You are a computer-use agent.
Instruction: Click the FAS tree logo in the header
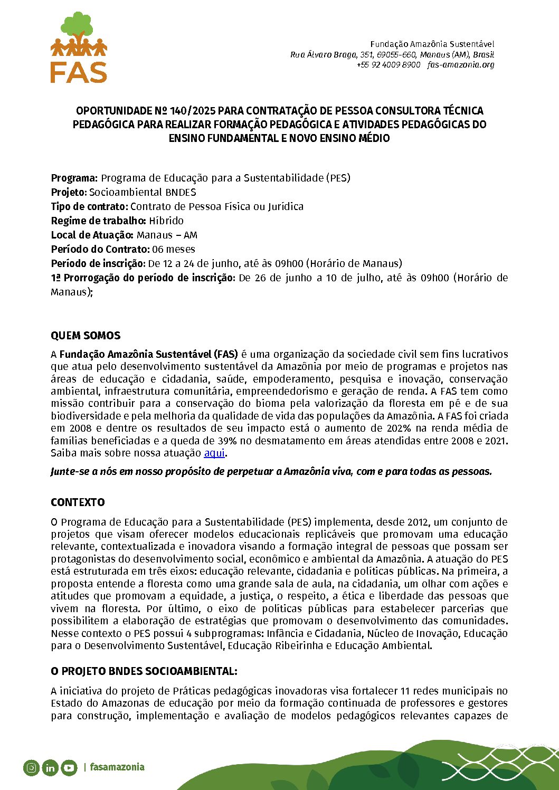(x=79, y=47)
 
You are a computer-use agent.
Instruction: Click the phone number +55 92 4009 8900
(x=389, y=65)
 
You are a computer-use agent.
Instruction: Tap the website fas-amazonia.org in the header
(x=461, y=65)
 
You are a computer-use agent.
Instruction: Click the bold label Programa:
(x=74, y=178)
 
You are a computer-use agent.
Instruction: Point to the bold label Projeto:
(x=69, y=192)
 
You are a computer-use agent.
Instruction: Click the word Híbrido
(x=166, y=221)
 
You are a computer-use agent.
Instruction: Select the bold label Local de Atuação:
(x=92, y=235)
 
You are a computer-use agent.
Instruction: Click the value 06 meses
(x=174, y=249)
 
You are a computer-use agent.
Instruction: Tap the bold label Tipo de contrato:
(x=90, y=206)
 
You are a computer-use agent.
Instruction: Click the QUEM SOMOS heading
(x=86, y=336)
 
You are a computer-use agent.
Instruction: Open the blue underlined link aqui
(x=214, y=453)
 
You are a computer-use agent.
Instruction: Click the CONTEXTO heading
(x=78, y=502)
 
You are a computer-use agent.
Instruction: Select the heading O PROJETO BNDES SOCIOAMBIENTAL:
(x=144, y=671)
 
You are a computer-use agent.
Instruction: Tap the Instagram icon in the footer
(x=31, y=767)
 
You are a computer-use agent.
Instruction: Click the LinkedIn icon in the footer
(x=50, y=767)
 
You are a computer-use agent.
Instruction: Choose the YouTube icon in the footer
(x=69, y=767)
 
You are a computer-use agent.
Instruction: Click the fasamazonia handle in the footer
(x=117, y=767)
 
